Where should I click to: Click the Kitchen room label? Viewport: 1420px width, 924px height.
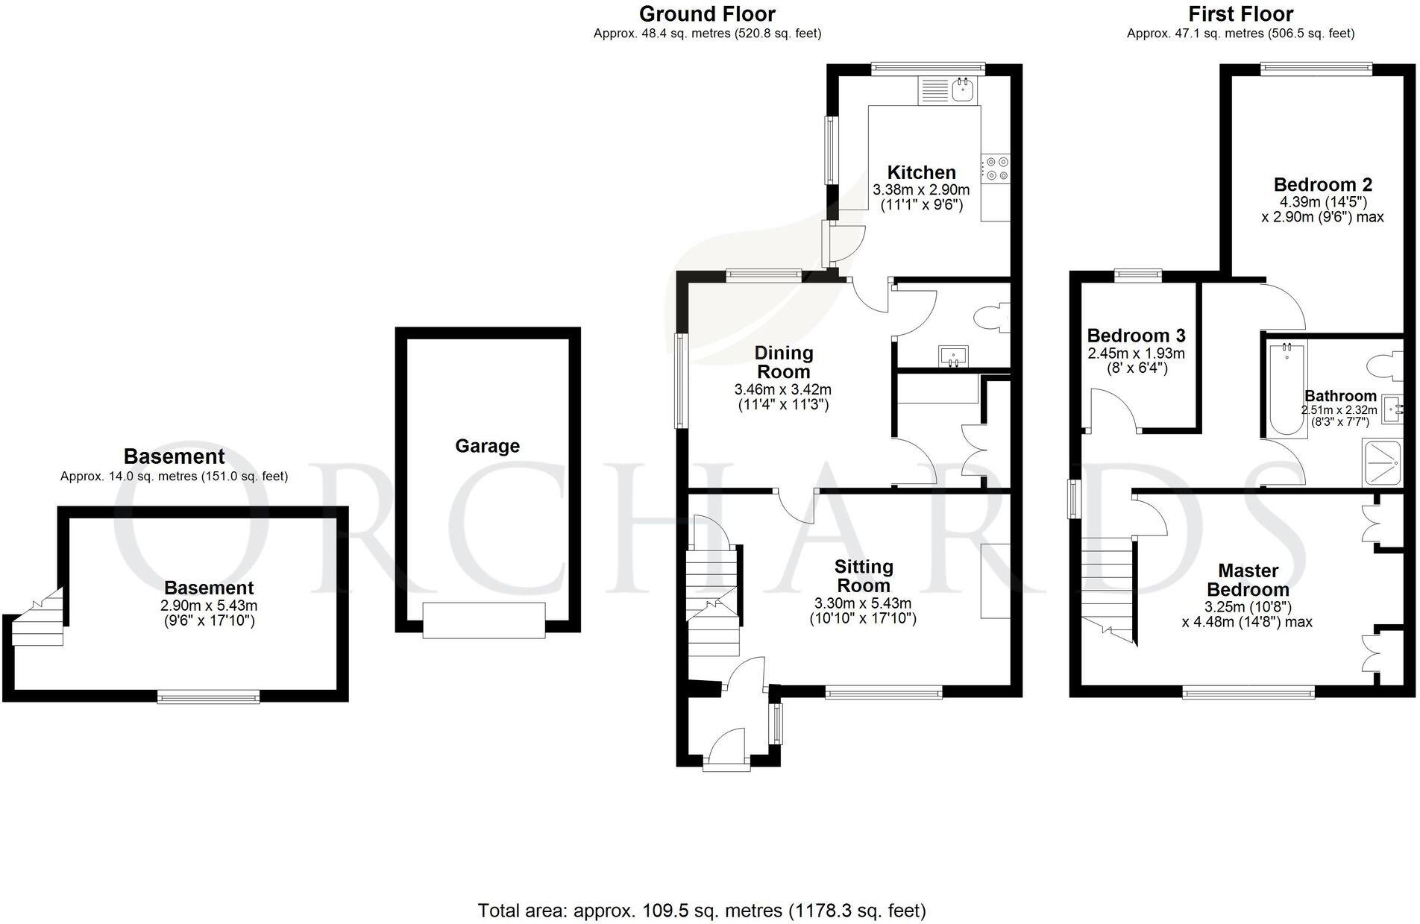click(x=921, y=172)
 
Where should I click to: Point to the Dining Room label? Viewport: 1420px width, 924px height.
click(x=783, y=362)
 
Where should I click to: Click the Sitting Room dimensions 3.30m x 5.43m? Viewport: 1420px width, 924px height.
click(x=863, y=603)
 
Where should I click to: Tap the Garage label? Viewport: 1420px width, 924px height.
click(x=487, y=446)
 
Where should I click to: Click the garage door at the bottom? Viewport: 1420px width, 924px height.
click(x=484, y=620)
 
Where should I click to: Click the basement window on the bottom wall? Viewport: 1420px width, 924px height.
click(x=209, y=697)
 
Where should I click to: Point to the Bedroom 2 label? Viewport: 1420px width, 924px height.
click(x=1322, y=184)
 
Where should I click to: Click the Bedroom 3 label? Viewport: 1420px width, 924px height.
click(x=1136, y=336)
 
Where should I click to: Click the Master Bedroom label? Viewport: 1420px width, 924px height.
click(x=1248, y=580)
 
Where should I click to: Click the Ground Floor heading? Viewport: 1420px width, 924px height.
click(x=707, y=14)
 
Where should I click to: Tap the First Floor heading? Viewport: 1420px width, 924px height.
click(x=1240, y=14)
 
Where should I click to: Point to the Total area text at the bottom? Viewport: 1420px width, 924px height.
click(x=702, y=911)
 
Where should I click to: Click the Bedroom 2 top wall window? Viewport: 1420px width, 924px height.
click(x=1316, y=69)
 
